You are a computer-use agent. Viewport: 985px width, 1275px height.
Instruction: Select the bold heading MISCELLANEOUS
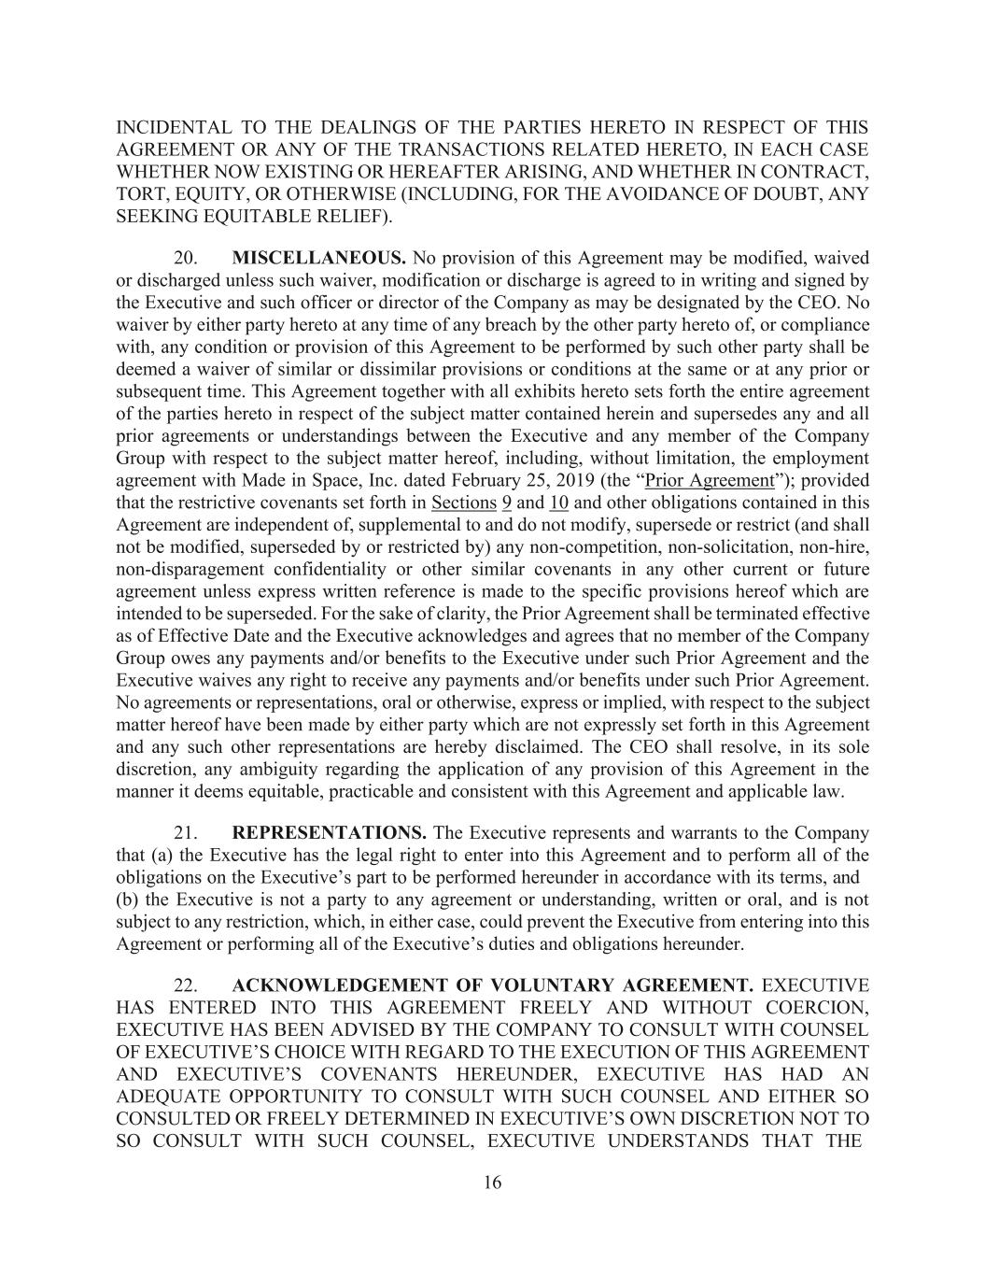pos(318,257)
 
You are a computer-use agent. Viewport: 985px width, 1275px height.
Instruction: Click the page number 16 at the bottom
pos(492,1183)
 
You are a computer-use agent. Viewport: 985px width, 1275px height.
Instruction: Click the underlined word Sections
pos(464,503)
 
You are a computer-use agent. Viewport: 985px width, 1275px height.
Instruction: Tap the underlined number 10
pos(559,503)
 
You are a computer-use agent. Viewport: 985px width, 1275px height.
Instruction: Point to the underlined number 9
pos(507,503)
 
